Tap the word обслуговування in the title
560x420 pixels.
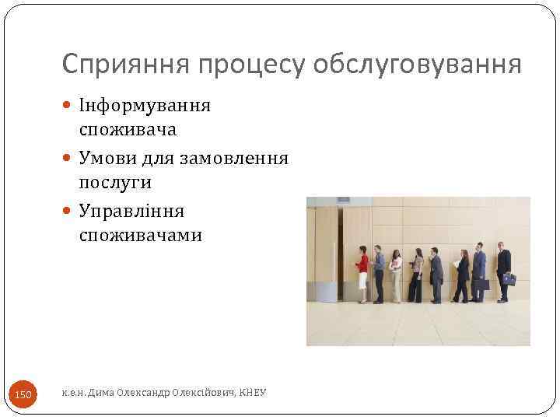417,64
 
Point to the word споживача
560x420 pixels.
128,129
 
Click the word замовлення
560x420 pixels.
234,159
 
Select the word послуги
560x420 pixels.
115,183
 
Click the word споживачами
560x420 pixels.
140,236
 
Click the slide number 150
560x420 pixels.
23,395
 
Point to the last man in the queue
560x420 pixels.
503,272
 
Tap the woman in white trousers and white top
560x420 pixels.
396,275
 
